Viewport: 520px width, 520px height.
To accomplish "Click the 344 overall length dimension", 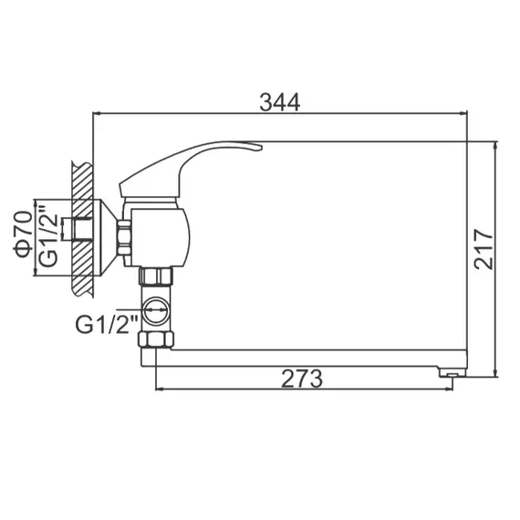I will (279, 102).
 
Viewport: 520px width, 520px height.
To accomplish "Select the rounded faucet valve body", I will (164, 234).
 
